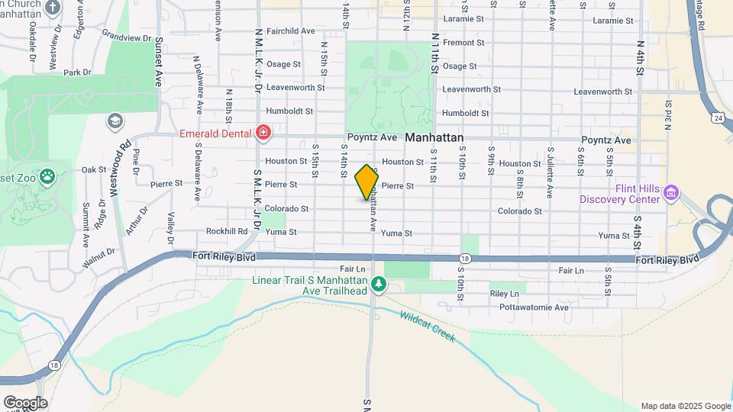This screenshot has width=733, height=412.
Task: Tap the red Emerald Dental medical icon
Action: (x=263, y=134)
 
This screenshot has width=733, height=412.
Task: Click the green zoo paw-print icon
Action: (x=47, y=177)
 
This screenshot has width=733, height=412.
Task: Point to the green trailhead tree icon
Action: (x=378, y=285)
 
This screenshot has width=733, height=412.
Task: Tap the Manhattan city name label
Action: (x=434, y=138)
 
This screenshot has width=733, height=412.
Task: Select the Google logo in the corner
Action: (x=24, y=403)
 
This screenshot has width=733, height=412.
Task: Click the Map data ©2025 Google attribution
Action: (x=685, y=406)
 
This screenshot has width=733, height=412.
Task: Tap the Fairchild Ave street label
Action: (x=291, y=31)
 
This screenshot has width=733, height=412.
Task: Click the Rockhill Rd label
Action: (x=227, y=231)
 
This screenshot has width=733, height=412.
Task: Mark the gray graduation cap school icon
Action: (x=115, y=121)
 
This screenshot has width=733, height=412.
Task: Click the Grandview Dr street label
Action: (x=127, y=36)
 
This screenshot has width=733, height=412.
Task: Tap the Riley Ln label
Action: (x=504, y=293)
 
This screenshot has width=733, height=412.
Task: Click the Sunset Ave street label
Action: (x=160, y=61)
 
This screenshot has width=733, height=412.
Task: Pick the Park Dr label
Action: (x=77, y=73)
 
